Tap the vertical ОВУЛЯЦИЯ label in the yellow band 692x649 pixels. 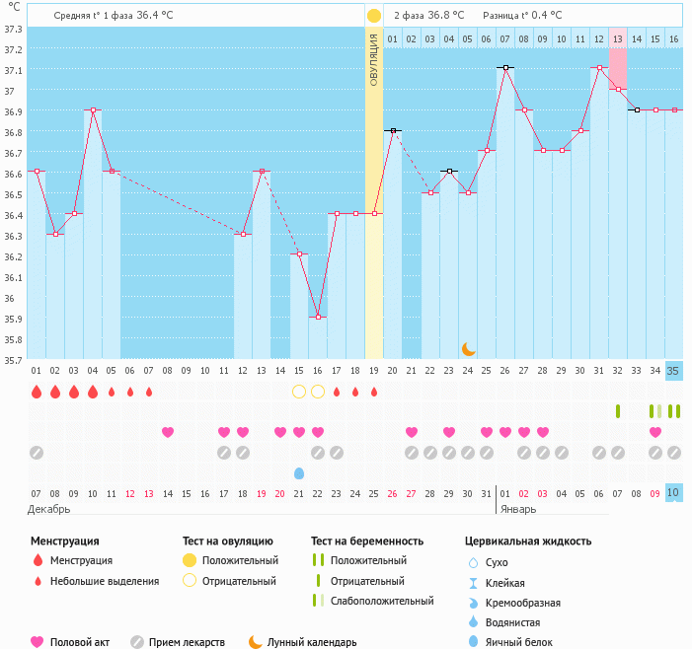(374, 59)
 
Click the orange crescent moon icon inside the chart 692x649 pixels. (469, 348)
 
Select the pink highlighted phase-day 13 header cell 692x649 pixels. (618, 38)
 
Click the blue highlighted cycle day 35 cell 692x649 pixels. (673, 371)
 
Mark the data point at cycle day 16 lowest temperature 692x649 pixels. (318, 317)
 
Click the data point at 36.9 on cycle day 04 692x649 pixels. (93, 110)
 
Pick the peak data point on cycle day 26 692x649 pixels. (505, 67)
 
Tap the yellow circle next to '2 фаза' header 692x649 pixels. (374, 16)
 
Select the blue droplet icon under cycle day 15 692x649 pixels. (299, 473)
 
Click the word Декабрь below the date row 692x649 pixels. (49, 509)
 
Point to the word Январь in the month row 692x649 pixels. (518, 509)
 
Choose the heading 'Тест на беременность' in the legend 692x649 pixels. (366, 541)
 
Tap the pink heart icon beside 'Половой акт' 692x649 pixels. (38, 642)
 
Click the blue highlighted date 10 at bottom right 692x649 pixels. (673, 492)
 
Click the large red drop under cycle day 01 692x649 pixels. (37, 392)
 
